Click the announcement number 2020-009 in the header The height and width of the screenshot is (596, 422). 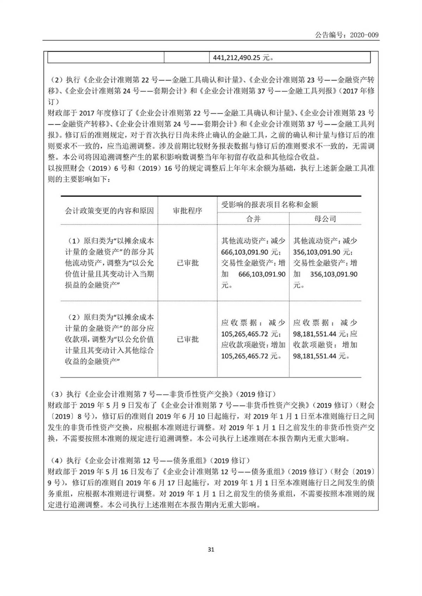point(364,35)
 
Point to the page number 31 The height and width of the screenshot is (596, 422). point(211,550)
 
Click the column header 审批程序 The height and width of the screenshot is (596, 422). point(187,211)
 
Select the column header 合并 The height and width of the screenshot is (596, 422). point(253,219)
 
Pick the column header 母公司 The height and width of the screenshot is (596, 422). point(325,219)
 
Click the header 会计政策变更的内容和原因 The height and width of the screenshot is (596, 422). point(109,211)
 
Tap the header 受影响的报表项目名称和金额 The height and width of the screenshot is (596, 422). point(270,204)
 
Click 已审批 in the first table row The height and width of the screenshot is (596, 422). point(187,263)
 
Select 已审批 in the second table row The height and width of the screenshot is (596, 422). point(187,339)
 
